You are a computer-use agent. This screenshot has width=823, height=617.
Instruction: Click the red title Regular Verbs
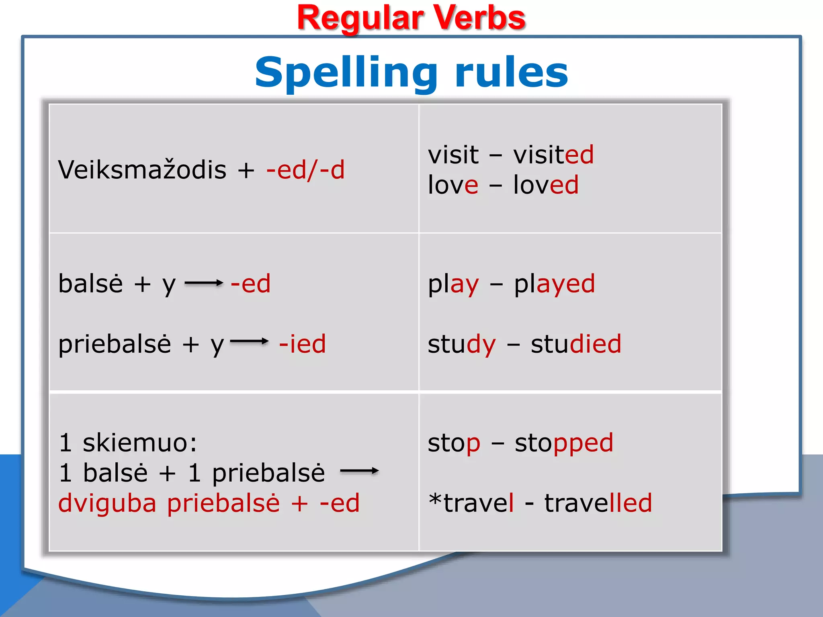pos(411,18)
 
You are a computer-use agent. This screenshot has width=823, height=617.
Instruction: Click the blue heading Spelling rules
pos(411,73)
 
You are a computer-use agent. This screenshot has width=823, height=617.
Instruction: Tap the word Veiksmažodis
pos(142,169)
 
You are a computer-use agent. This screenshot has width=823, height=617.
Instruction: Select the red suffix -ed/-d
pos(305,170)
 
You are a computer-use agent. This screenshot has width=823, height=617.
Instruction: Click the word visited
pos(553,154)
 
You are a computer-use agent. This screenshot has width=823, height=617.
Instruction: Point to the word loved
pos(546,184)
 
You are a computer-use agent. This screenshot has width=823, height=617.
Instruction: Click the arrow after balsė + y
pos(204,283)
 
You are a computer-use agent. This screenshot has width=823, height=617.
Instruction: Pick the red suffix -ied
pos(302,343)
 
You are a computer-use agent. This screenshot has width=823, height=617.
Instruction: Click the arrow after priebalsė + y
pos(249,341)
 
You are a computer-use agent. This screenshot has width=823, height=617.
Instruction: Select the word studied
pos(576,343)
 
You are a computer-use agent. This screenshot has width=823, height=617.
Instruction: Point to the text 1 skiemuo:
pos(128,442)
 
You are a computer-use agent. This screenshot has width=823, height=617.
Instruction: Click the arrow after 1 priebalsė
pos(359,471)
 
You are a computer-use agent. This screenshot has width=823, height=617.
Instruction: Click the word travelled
pos(598,503)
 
